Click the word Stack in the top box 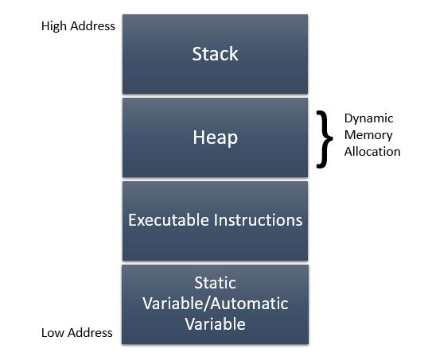point(215,54)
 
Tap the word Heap point(215,137)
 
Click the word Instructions point(258,220)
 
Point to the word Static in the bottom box point(215,283)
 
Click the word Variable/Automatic point(216,304)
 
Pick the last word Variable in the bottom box point(215,324)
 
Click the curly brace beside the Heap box point(325,139)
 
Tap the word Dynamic point(368,119)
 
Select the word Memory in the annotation point(368,135)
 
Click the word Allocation point(372,152)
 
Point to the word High point(54,26)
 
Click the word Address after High point(92,26)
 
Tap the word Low point(53,333)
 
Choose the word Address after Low point(90,333)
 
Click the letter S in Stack point(197,54)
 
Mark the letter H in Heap point(198,137)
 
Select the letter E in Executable point(132,220)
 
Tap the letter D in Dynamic point(348,118)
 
